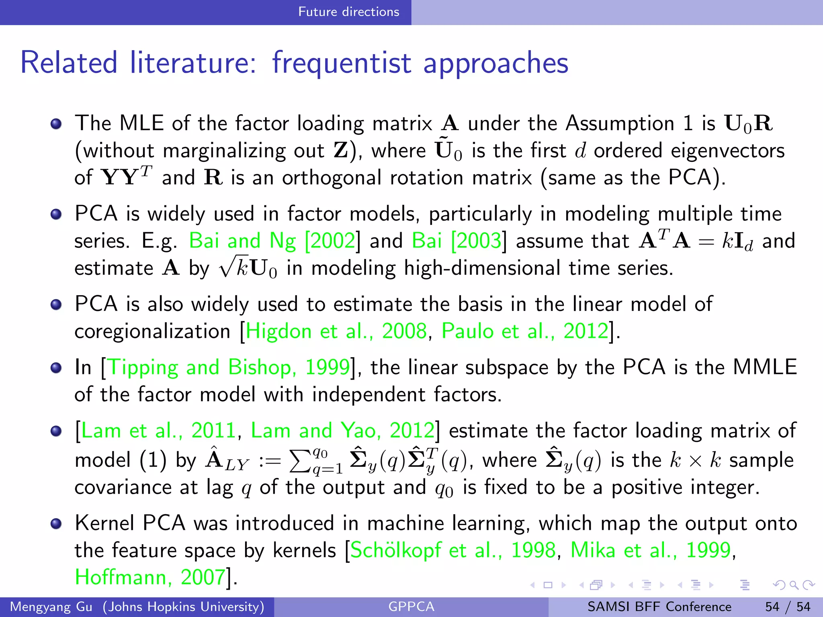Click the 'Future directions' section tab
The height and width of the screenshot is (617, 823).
(348, 12)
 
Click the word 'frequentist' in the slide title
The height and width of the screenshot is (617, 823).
(342, 63)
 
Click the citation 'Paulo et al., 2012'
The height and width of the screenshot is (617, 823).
(525, 331)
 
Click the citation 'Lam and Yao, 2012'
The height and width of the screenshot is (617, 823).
(342, 431)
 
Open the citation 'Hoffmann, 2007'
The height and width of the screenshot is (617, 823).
(150, 578)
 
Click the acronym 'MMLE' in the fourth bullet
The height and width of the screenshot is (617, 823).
(765, 367)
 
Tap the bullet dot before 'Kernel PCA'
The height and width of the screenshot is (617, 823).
(56, 523)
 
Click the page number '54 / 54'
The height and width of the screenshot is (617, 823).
(788, 607)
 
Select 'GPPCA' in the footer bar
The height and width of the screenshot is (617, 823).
(411, 607)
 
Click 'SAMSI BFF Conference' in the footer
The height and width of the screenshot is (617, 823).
(659, 607)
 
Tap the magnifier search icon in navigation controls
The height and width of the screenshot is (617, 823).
(794, 585)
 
